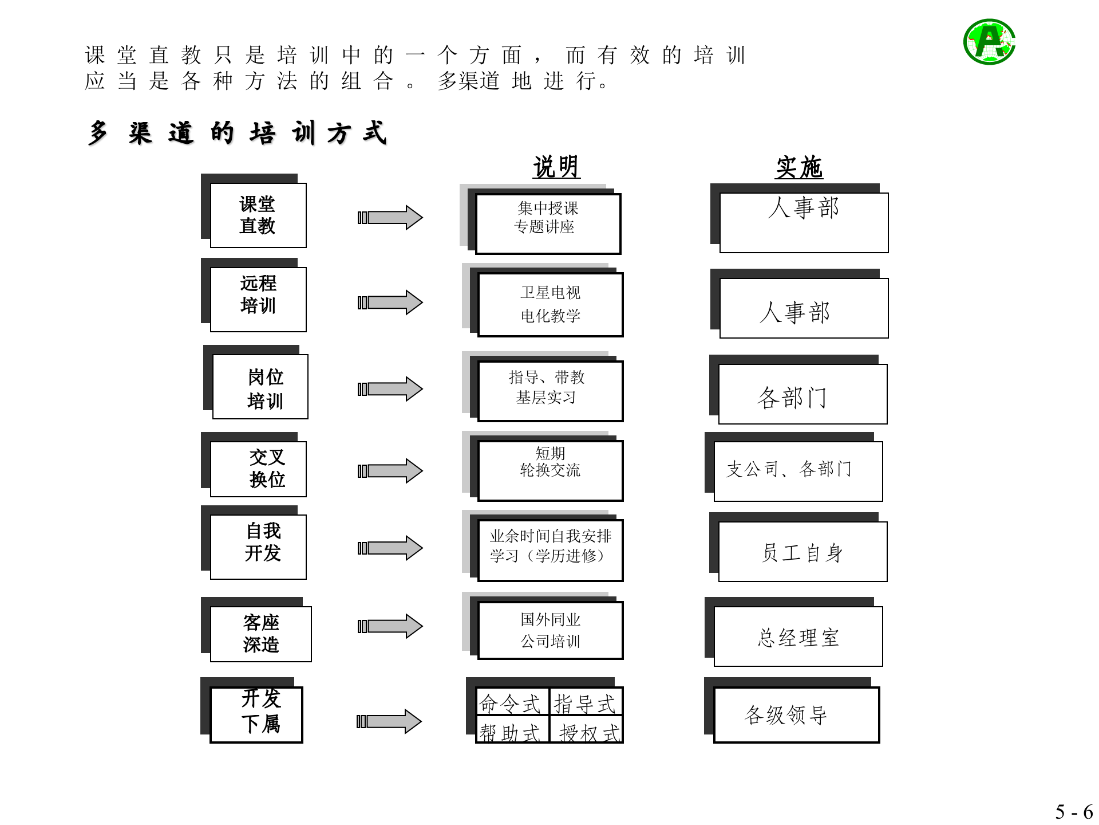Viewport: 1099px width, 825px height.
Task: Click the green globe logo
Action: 989,41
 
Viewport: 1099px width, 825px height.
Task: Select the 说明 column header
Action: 556,167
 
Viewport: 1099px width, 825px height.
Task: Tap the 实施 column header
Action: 798,167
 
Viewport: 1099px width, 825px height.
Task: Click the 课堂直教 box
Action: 258,215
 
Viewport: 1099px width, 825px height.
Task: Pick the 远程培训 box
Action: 258,299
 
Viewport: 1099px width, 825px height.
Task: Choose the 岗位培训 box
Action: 260,387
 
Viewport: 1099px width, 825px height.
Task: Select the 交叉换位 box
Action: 258,469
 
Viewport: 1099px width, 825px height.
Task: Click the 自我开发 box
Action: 258,547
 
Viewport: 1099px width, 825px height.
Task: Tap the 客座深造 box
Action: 260,634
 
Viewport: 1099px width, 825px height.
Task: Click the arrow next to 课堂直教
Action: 390,218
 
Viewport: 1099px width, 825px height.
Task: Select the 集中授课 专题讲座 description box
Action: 548,223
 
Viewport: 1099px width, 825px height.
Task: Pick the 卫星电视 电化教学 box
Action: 550,305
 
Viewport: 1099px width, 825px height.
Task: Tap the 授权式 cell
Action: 587,732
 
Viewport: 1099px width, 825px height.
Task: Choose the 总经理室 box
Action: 798,637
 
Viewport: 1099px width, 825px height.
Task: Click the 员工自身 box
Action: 802,552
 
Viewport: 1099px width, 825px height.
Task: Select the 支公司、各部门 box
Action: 798,471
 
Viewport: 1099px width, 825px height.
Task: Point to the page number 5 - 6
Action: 1073,812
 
